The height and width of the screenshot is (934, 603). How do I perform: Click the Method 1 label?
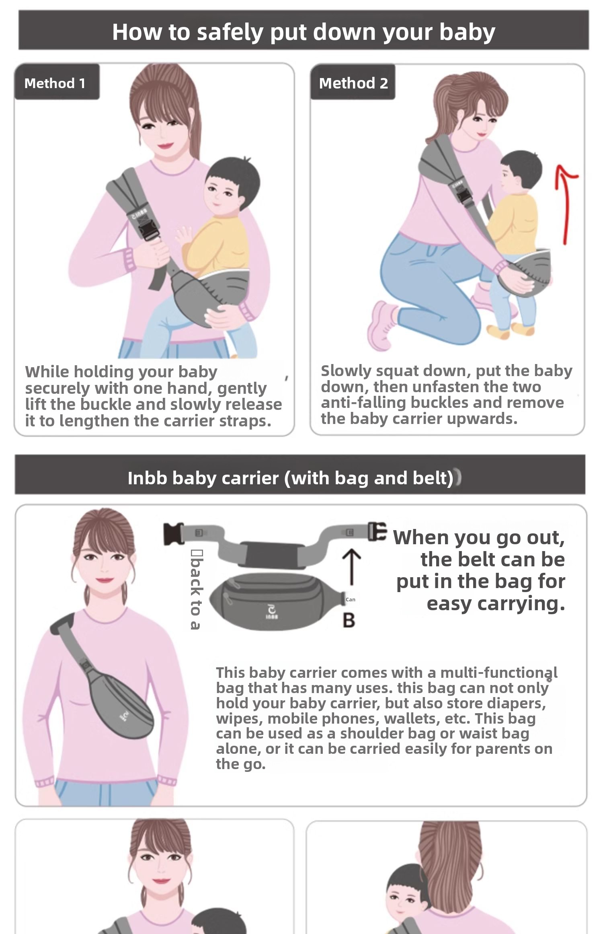[55, 83]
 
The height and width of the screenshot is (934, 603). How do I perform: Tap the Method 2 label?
[353, 83]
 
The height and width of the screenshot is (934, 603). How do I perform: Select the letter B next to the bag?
[349, 620]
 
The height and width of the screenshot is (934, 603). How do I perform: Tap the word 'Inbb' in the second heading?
[147, 478]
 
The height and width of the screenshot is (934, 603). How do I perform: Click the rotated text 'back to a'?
[196, 589]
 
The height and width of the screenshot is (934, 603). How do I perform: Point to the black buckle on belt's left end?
[174, 533]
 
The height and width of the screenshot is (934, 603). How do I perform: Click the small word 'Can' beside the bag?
[351, 599]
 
